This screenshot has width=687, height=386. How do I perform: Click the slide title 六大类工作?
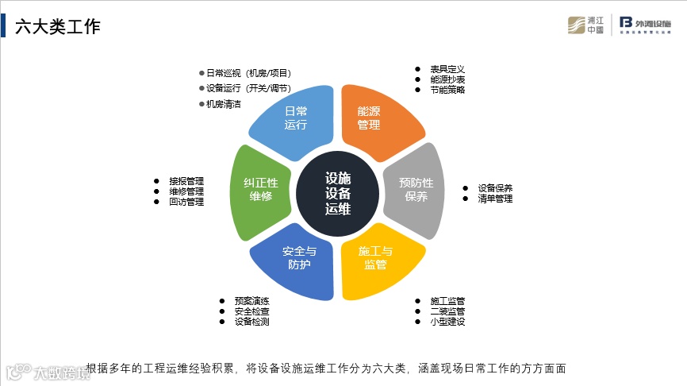[x=58, y=27]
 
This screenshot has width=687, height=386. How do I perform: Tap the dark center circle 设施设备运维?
[x=338, y=193]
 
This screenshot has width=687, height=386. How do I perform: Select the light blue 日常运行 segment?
[x=295, y=119]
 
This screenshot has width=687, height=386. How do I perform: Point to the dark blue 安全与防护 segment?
[x=297, y=260]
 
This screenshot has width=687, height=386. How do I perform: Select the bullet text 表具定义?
[x=447, y=69]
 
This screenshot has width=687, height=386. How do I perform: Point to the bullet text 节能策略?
[x=447, y=90]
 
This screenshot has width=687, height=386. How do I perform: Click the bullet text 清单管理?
[x=495, y=199]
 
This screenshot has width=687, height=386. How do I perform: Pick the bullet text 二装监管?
[x=447, y=311]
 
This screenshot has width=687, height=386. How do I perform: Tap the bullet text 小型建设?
[x=447, y=322]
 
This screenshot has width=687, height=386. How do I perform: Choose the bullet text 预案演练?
[x=251, y=301]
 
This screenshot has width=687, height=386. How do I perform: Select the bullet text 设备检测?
[x=251, y=322]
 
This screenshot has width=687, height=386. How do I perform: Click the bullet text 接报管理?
[x=186, y=181]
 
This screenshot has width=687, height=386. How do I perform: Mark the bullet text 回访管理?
[x=186, y=202]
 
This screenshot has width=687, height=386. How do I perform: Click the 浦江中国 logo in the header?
[x=586, y=25]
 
